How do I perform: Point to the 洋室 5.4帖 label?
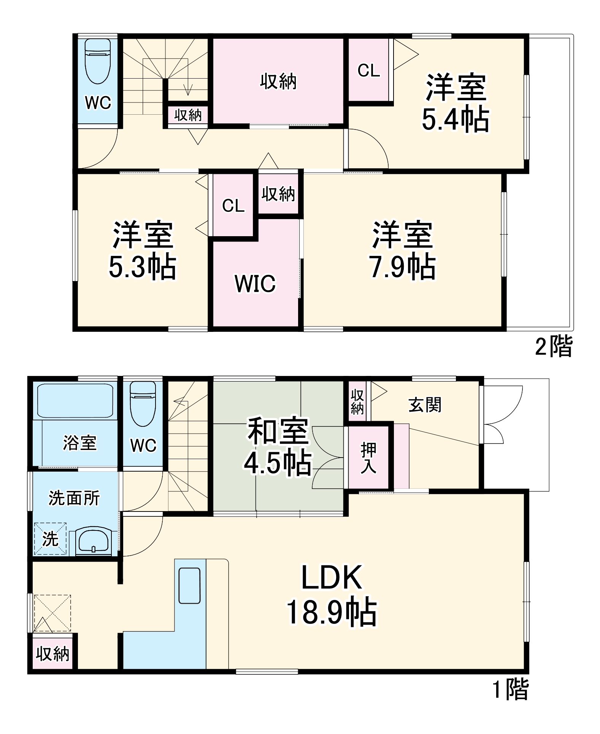click(x=456, y=103)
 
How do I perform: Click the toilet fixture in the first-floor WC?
click(x=143, y=403)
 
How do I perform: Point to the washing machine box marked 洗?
click(x=50, y=539)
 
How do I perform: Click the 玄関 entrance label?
click(x=425, y=405)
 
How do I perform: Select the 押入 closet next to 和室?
click(x=368, y=458)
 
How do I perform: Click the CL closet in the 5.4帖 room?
click(x=368, y=70)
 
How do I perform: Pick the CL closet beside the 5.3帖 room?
click(x=233, y=205)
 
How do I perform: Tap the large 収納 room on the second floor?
click(x=278, y=82)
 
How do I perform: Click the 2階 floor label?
click(x=553, y=346)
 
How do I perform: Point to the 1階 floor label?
click(x=510, y=690)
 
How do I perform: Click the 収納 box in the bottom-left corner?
click(x=52, y=654)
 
